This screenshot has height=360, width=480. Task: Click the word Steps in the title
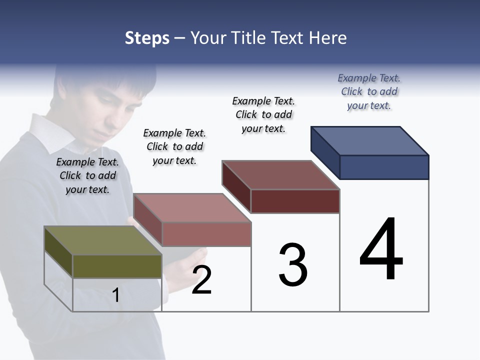147,38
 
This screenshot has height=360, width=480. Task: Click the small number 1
116,295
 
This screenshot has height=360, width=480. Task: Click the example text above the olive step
88,175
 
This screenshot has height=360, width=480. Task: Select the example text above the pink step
174,146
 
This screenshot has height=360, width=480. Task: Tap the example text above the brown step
263,114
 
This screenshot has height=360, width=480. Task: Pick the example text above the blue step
369,91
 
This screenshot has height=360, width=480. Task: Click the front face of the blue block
384,167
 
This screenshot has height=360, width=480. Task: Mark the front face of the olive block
117,266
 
